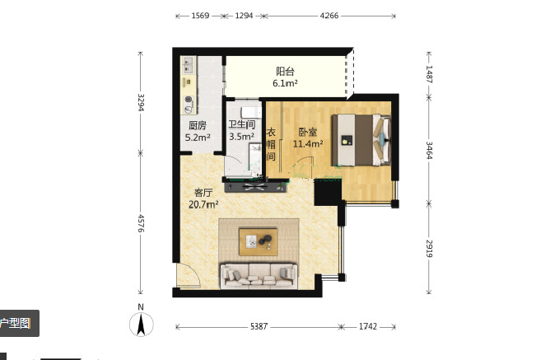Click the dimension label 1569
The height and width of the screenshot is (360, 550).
[x=200, y=16]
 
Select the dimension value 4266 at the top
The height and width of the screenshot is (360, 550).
[x=329, y=16]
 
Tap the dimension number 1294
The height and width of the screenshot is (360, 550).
[x=244, y=16]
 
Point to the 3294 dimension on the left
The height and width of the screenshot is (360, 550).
[x=141, y=102]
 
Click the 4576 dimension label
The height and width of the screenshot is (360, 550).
[x=141, y=223]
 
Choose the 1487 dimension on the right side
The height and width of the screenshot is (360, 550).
[x=429, y=74]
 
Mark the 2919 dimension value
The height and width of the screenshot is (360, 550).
[x=429, y=249]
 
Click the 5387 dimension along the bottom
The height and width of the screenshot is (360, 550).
[x=259, y=327]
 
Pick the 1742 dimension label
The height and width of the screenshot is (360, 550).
[x=367, y=327]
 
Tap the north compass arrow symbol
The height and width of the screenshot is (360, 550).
[x=141, y=325]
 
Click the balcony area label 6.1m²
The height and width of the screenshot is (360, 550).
[x=285, y=83]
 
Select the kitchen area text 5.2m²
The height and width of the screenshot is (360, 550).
[x=198, y=138]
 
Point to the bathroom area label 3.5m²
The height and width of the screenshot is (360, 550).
[x=242, y=136]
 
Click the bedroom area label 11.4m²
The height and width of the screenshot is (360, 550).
[x=308, y=143]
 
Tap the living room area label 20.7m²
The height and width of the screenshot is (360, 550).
[x=203, y=204]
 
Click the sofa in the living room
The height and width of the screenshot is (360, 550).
[x=259, y=276]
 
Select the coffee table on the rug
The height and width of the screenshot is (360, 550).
[x=259, y=241]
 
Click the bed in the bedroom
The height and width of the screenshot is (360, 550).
[x=361, y=140]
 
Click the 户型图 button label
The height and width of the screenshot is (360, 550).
[x=15, y=323]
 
